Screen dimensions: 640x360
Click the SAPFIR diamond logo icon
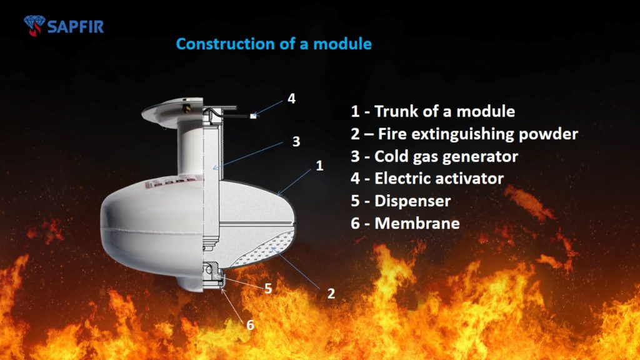[34, 25]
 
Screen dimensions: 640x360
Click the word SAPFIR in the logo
[76, 27]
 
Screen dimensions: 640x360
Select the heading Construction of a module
[274, 44]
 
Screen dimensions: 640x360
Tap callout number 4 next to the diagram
[291, 98]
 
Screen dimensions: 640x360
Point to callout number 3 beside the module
[296, 141]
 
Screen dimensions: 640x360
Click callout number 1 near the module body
[319, 165]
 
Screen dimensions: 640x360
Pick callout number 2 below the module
[331, 293]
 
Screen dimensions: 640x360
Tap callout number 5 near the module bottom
[268, 289]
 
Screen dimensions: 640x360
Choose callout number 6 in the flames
[250, 325]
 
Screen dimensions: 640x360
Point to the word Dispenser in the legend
[412, 201]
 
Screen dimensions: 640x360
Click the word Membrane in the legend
[417, 223]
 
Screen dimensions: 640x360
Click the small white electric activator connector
[254, 116]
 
